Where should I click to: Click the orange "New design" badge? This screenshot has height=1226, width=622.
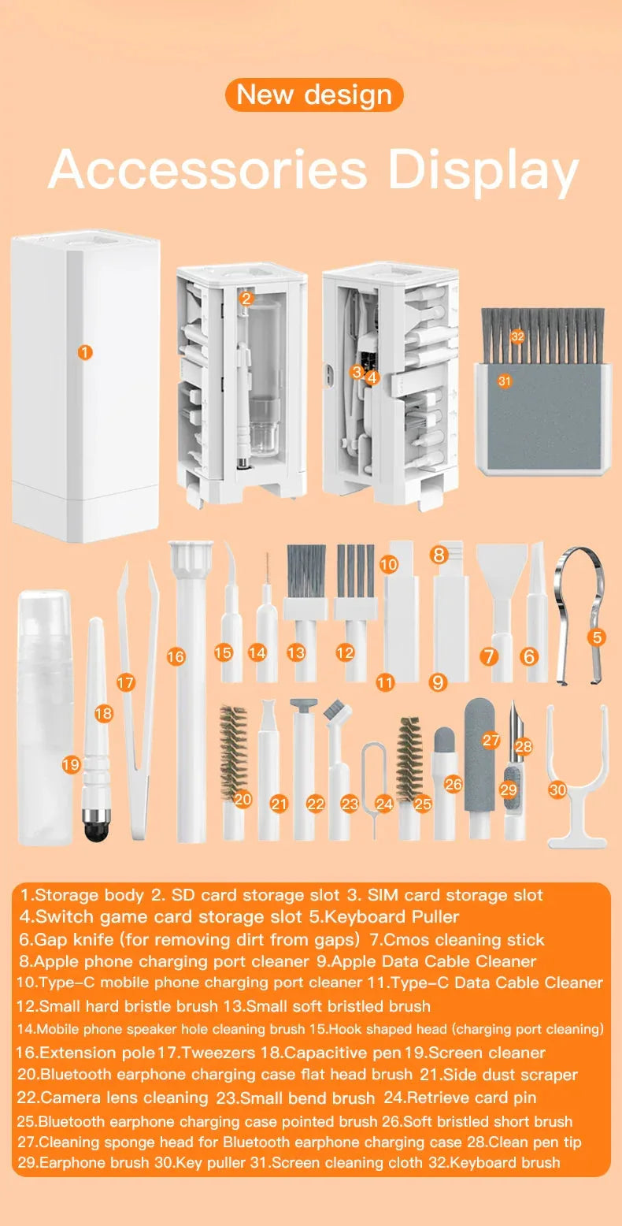tap(314, 95)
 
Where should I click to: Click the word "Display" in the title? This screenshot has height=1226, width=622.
tap(483, 169)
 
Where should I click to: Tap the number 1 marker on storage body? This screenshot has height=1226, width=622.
tap(85, 352)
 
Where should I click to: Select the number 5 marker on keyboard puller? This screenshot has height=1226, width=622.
tap(598, 637)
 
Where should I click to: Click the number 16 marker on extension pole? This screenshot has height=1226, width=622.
tap(176, 656)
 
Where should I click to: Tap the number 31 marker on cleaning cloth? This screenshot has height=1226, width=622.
tap(505, 381)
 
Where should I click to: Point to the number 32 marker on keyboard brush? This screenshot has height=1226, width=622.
tap(516, 336)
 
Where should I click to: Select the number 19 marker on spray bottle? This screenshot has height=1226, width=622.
tap(71, 763)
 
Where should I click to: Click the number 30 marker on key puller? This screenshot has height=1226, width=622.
tap(557, 789)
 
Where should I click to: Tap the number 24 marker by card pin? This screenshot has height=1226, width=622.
tap(384, 804)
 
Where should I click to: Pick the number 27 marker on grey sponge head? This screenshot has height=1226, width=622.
tap(491, 740)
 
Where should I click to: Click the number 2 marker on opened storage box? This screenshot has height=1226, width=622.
tap(246, 298)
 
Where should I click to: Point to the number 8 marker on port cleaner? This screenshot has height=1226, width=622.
tap(439, 554)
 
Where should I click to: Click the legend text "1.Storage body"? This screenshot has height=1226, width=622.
tap(83, 895)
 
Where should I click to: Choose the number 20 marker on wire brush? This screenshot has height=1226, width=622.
tap(243, 799)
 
